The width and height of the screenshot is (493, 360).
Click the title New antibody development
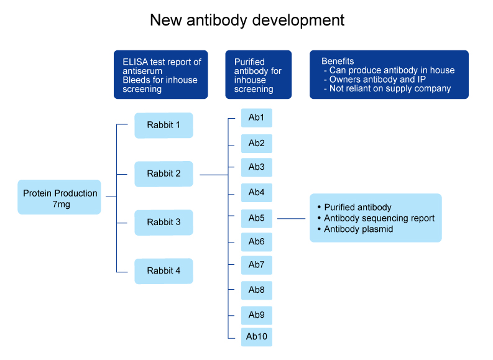click(247, 20)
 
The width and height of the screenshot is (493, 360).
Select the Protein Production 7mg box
click(60, 198)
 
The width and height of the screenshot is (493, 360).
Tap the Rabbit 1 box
click(164, 125)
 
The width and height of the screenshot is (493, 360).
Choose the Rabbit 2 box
click(164, 173)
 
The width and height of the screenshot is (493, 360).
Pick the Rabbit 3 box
click(164, 222)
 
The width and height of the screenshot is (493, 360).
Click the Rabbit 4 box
click(164, 270)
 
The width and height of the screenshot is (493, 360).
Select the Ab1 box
click(256, 118)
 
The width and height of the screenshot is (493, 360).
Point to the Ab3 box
click(256, 167)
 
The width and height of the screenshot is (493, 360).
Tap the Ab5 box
click(256, 218)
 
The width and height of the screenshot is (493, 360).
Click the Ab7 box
click(256, 265)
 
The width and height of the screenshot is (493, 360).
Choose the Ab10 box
click(256, 336)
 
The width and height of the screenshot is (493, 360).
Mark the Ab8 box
click(256, 290)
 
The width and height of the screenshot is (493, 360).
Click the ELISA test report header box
click(160, 75)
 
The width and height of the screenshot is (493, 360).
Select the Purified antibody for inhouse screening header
click(258, 75)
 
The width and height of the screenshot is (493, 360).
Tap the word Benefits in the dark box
click(338, 61)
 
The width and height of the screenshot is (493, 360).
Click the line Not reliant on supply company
click(390, 88)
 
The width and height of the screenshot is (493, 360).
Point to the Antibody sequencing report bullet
click(379, 218)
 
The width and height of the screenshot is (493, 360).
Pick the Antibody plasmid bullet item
click(358, 229)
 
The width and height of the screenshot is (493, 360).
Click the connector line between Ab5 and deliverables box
click(291, 218)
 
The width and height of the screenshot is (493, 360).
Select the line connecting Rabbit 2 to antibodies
click(213, 175)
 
